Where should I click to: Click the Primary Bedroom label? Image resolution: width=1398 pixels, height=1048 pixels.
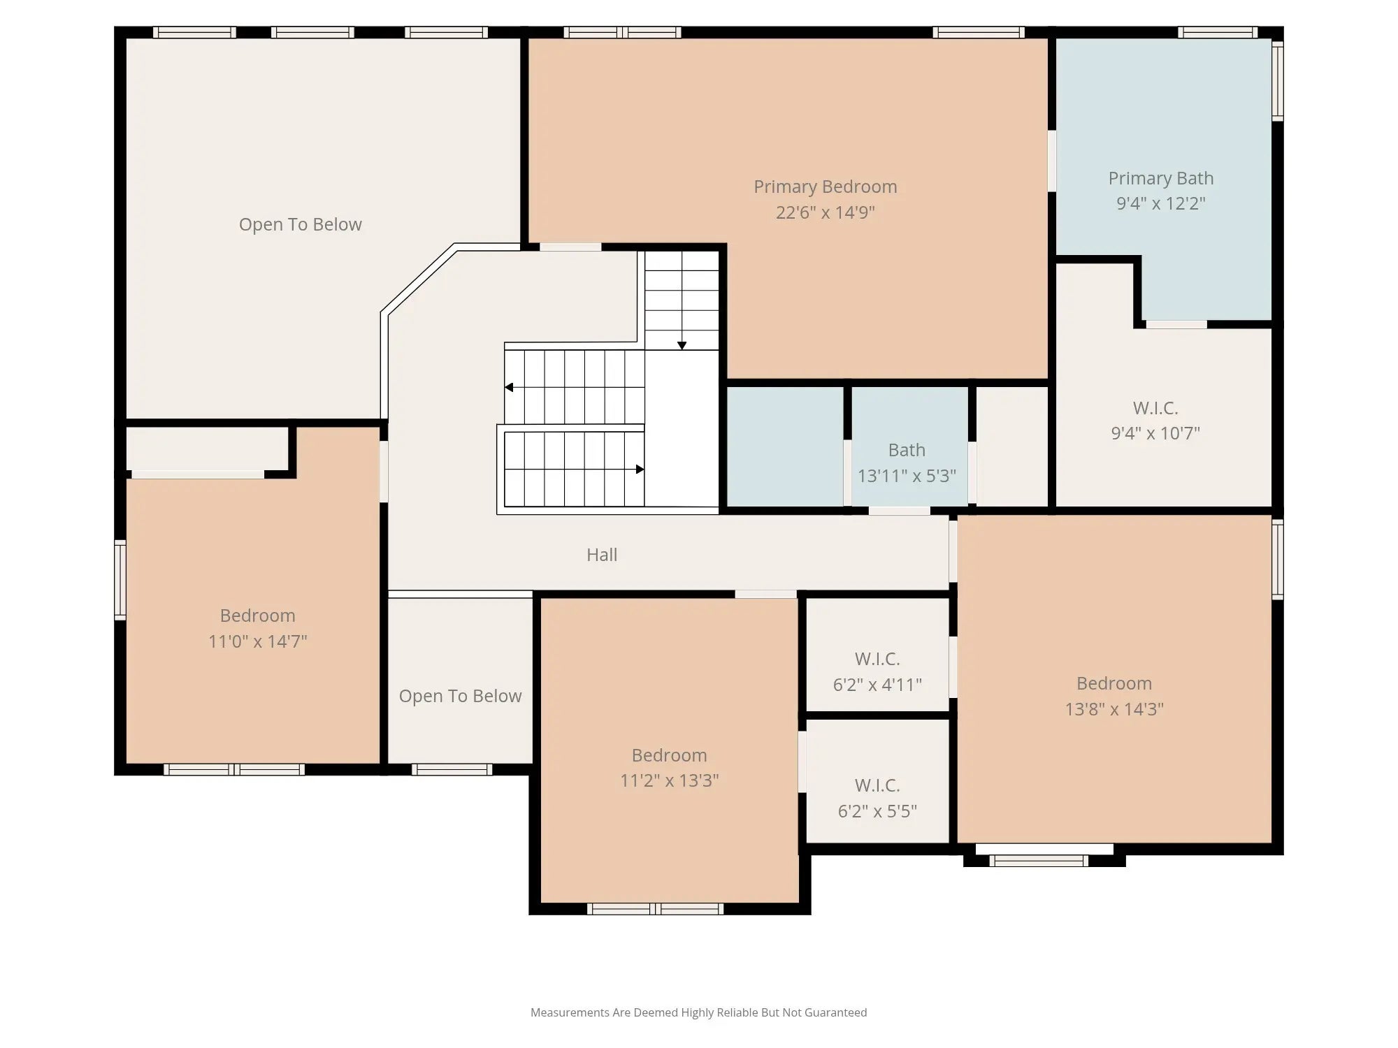(825, 187)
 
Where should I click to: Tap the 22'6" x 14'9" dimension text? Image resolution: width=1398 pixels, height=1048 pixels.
(825, 212)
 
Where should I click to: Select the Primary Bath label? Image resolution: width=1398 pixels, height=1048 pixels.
(1160, 178)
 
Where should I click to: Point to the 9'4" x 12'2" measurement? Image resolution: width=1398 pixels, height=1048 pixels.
(1160, 203)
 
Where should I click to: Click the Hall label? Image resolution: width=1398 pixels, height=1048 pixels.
(602, 555)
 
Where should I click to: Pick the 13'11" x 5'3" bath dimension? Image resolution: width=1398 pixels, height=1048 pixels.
(907, 476)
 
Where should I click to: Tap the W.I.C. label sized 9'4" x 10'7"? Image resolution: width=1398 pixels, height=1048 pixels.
(1155, 408)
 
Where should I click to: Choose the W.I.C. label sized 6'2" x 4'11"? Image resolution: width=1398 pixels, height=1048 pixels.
(877, 659)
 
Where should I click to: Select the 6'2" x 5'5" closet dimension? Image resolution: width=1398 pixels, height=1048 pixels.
(877, 811)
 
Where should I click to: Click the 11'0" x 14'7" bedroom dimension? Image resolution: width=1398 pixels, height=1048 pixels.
(257, 641)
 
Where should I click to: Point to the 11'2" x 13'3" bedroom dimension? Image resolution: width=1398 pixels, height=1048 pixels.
(669, 780)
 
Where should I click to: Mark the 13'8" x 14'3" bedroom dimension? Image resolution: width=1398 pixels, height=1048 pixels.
(1114, 709)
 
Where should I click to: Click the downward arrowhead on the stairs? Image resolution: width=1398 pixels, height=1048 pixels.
(682, 346)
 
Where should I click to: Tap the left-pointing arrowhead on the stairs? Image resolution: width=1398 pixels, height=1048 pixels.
(509, 387)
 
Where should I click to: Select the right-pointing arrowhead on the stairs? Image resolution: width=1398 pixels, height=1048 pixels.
(640, 470)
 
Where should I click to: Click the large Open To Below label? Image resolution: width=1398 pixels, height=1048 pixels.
(301, 224)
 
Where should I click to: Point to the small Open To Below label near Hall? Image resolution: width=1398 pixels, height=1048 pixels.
(460, 696)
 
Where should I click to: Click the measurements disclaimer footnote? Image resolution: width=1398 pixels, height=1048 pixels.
(698, 1012)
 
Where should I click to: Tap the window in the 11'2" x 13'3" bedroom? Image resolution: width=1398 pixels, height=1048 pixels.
(655, 909)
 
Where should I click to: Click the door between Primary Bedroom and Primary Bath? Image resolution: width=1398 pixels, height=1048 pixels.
(1051, 161)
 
